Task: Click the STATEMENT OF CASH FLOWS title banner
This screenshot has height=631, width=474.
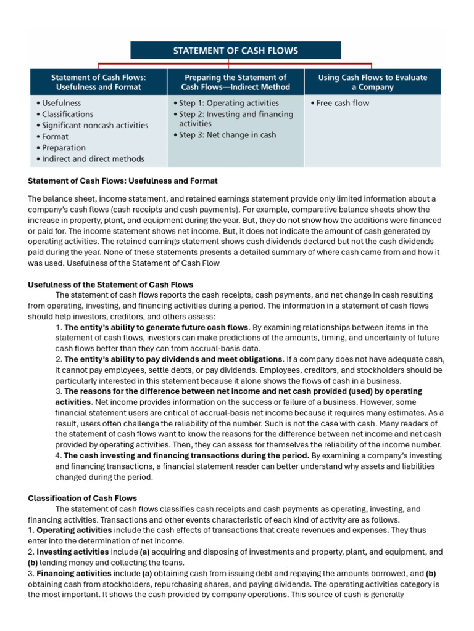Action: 235,50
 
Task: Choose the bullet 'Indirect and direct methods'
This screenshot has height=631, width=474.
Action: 90,159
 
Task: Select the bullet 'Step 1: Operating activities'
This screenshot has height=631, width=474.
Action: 226,103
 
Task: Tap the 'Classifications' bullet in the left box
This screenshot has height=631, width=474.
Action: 65,114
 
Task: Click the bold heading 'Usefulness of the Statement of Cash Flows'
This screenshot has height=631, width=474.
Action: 110,285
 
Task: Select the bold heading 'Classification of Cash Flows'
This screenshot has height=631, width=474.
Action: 83,498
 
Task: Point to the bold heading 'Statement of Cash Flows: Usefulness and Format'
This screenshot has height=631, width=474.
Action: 123,181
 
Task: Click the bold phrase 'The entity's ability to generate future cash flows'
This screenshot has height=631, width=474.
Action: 156,327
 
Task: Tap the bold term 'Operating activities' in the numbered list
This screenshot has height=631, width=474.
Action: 73,530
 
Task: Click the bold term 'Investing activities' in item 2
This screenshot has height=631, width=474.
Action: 72,552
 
